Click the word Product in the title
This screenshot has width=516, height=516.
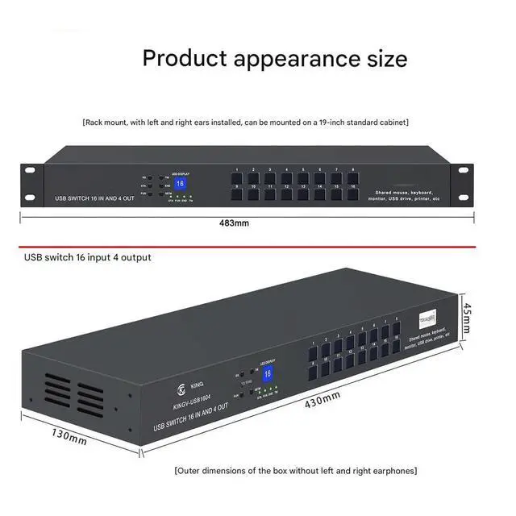point(186,58)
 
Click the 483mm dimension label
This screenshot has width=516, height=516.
point(241,223)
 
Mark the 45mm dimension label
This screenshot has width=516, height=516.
point(466,319)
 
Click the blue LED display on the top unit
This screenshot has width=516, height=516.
point(180,184)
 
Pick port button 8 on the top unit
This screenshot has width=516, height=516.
point(354,177)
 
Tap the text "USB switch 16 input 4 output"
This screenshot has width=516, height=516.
point(88,257)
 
